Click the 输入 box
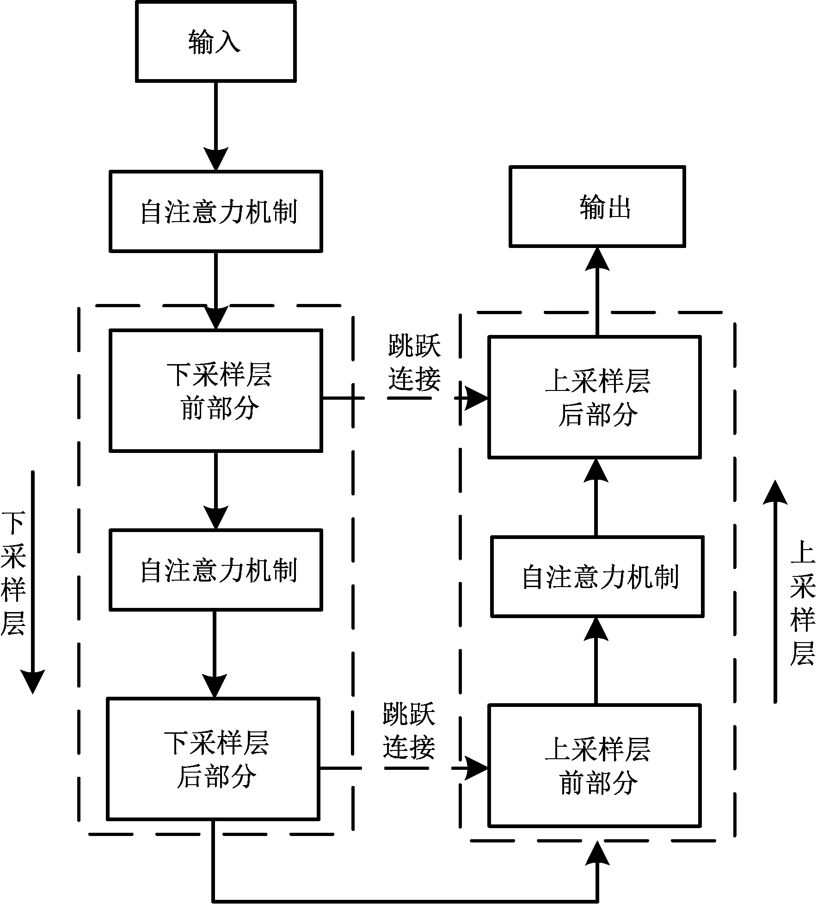coord(215,42)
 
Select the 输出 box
coord(597,206)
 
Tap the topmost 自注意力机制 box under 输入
coord(215,211)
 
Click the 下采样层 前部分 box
coord(215,390)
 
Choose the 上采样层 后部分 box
coord(595,397)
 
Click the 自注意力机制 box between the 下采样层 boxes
coord(215,570)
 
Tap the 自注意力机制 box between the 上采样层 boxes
coord(597,576)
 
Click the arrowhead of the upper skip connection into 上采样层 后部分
coord(476,397)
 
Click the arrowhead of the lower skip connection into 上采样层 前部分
coord(476,768)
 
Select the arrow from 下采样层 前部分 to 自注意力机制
coord(216,490)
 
